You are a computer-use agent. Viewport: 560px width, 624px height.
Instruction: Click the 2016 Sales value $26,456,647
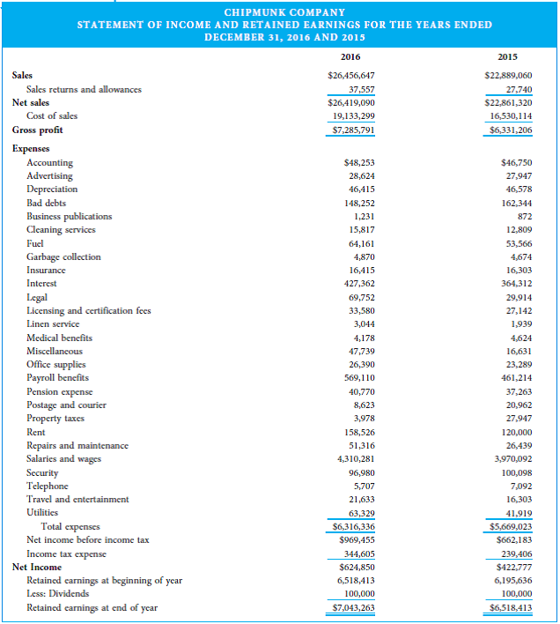[350, 76]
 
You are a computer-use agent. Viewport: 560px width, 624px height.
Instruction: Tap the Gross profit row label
[38, 130]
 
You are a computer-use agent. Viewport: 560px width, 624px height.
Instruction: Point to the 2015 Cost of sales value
[511, 116]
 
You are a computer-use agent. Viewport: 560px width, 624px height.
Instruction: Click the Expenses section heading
[32, 149]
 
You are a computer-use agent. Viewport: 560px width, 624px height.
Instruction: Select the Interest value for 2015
[514, 284]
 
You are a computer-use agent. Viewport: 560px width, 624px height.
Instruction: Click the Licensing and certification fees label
[88, 310]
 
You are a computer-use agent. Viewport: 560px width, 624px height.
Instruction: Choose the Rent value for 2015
[516, 433]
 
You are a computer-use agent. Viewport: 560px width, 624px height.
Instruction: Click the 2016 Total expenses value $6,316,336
[350, 526]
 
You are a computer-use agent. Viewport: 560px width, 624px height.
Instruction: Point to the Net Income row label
[36, 567]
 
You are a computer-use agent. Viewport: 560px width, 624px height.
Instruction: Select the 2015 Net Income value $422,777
[511, 567]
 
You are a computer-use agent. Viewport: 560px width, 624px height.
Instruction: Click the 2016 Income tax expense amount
[356, 553]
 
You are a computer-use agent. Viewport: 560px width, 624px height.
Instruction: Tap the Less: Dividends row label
[58, 594]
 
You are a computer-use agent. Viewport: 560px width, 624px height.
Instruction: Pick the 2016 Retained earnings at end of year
[350, 607]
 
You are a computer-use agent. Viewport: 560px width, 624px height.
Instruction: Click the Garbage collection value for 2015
[519, 256]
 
